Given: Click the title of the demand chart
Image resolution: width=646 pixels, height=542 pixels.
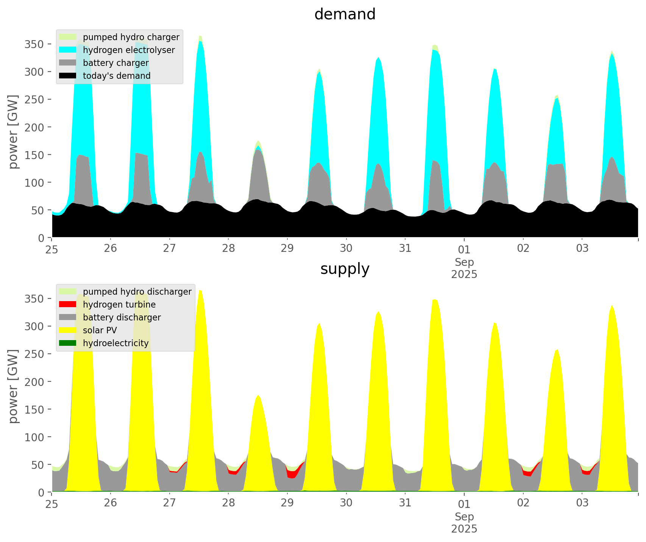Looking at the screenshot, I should (345, 14).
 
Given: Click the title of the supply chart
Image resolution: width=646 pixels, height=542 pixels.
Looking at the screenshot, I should (345, 269).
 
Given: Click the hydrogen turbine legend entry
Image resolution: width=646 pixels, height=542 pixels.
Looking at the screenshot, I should (119, 305).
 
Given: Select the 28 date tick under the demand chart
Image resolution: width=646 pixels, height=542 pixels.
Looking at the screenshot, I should (228, 248).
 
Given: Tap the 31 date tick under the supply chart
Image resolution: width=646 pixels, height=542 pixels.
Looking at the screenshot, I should (405, 503).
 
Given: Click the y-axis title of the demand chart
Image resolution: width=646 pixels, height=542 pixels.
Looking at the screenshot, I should (14, 132).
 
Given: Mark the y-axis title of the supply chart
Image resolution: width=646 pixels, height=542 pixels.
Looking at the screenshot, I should (14, 386).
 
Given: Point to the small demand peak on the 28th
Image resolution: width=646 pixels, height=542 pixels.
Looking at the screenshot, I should (258, 142).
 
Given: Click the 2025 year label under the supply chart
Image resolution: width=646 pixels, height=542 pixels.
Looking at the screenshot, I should (464, 529).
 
